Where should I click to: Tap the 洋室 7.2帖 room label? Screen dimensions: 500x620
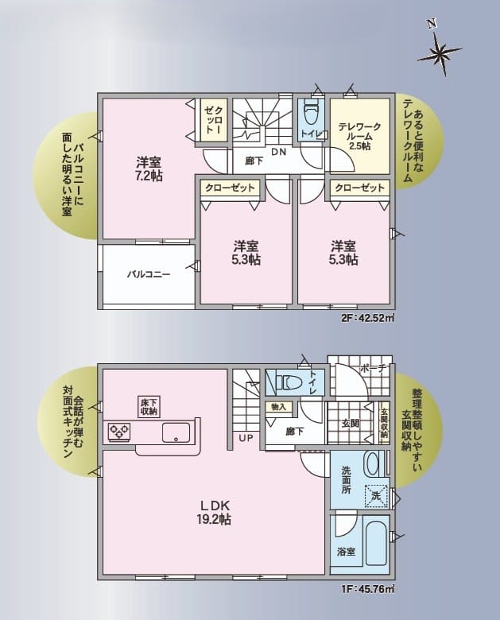[149, 169]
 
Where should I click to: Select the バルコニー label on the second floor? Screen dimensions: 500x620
[149, 274]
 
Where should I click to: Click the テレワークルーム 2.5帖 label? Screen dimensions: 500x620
[359, 136]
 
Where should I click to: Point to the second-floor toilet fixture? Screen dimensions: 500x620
[310, 114]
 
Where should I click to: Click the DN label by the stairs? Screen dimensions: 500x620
[278, 152]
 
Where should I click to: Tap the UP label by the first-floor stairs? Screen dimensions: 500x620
[246, 438]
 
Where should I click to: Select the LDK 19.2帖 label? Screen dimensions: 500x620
[214, 512]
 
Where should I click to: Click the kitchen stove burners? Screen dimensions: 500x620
[119, 432]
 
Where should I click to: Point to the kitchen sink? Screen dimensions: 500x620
[176, 432]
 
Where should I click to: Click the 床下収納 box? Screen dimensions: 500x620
[149, 406]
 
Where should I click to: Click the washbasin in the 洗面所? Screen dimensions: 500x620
[373, 465]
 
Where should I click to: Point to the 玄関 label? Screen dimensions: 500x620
[351, 424]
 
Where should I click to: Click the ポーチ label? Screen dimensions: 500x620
[373, 368]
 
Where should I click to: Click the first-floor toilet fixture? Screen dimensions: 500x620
[290, 382]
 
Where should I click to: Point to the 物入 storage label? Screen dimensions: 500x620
[279, 407]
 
